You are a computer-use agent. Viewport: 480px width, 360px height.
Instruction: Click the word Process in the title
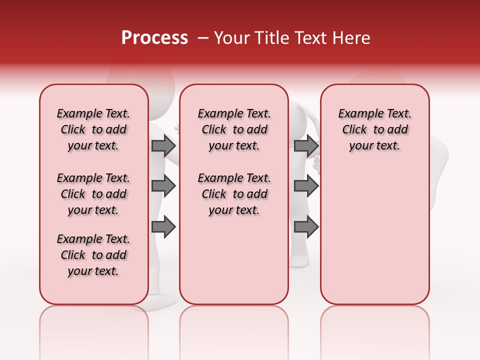[154, 38]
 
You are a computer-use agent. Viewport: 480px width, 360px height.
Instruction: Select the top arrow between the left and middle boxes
[163, 145]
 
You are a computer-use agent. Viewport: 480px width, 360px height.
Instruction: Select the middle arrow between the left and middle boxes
[163, 186]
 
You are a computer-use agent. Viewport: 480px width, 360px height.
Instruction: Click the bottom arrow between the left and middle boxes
[163, 227]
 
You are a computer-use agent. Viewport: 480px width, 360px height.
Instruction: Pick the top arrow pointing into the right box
[306, 145]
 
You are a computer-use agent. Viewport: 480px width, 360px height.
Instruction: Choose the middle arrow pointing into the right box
[306, 186]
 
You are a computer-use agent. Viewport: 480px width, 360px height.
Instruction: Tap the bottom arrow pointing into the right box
[306, 227]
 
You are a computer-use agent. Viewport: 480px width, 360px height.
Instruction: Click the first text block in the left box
[93, 129]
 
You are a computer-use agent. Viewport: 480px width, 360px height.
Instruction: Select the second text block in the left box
[93, 194]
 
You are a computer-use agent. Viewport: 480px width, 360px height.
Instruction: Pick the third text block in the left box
[93, 255]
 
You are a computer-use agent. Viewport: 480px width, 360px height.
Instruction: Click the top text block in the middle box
[234, 129]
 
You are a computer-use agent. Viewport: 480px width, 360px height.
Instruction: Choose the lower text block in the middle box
[234, 194]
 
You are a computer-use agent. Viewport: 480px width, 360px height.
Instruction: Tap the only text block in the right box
[374, 129]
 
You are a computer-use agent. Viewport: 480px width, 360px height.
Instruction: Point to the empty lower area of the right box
[374, 240]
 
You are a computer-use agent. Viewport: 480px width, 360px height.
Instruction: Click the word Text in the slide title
[310, 38]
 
